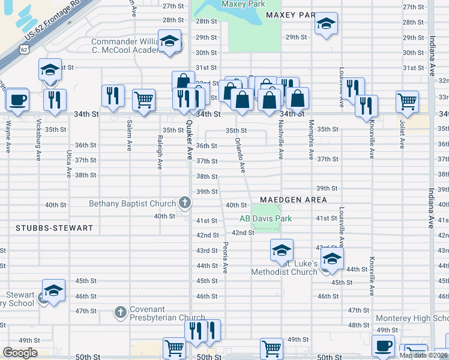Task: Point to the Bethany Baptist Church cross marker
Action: tap(185, 204)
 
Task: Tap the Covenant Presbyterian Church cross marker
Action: tap(120, 312)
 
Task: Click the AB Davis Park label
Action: tap(265, 218)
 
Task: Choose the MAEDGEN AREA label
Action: tap(294, 200)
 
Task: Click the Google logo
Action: tap(20, 353)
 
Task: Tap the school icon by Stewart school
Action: tap(53, 291)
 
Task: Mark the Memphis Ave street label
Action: tap(311, 142)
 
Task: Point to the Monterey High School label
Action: tap(412, 318)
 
